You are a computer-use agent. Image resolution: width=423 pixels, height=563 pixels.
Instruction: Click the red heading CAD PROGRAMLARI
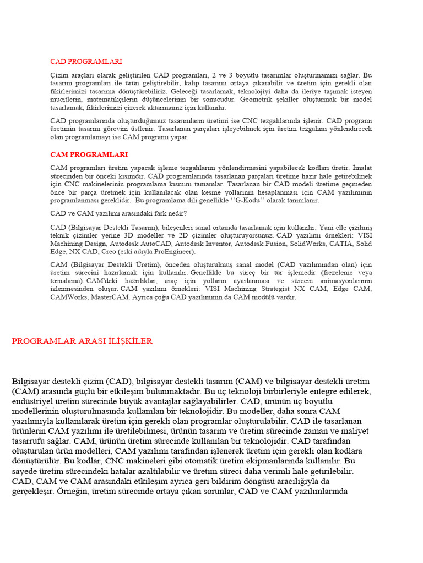coord(86,62)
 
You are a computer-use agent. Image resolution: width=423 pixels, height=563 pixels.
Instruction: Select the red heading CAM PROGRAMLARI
coord(89,154)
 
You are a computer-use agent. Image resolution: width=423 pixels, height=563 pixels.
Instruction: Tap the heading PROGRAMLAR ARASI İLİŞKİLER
coord(82,341)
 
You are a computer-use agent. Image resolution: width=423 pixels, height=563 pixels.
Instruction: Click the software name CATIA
coord(343,243)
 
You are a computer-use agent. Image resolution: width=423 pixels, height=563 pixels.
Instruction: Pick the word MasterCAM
coord(107,297)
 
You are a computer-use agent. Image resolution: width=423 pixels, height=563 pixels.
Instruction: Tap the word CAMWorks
coord(68,297)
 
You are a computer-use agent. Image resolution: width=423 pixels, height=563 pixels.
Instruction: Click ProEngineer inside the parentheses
coord(173,251)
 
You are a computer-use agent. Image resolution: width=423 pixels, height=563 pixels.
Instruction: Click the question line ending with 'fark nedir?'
coord(118,213)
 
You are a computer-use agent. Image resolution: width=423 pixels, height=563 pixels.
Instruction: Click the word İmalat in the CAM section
coord(362,167)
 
